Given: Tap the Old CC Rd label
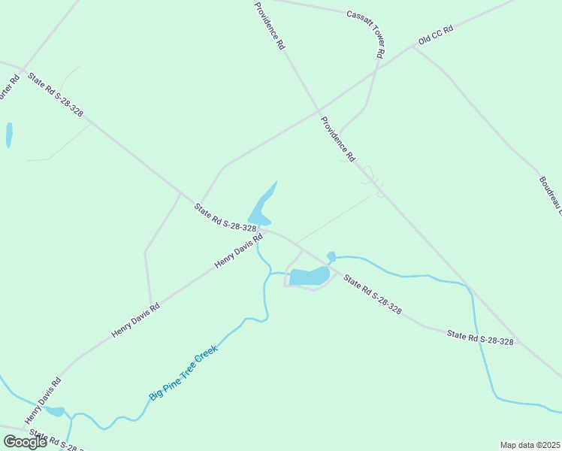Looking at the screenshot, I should coord(436,35).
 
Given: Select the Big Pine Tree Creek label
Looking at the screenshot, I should coord(183,372).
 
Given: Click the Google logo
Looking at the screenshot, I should coord(25,442).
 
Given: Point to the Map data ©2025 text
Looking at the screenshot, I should coord(530,445).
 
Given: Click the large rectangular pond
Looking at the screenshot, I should coord(309,277).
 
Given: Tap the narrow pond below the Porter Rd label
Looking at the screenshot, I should coord(9,135).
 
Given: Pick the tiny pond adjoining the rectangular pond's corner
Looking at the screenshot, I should coord(331,256).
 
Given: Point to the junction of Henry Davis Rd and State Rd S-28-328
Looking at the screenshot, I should coord(261,229).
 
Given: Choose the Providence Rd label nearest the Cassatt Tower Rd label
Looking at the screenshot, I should coord(270,26).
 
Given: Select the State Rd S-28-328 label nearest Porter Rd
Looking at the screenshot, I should coord(55,95).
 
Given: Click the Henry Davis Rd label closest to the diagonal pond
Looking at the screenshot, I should coord(238,250).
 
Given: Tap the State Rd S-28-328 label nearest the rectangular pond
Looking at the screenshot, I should coord(373,295).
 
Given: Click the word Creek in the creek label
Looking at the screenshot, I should coord(205,356).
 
